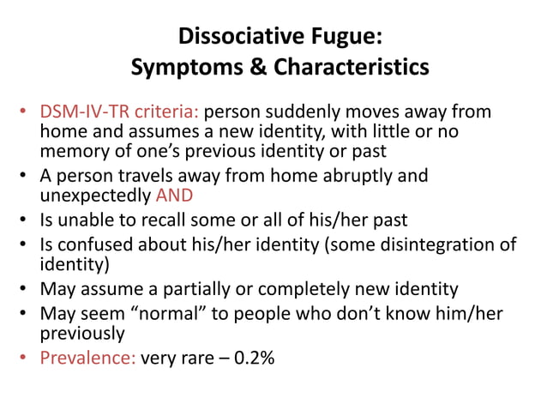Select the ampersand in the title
pos(252,67)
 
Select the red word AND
pos(176,194)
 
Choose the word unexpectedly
pos(95,194)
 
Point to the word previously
pos(82,333)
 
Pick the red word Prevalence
pos(87,358)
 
